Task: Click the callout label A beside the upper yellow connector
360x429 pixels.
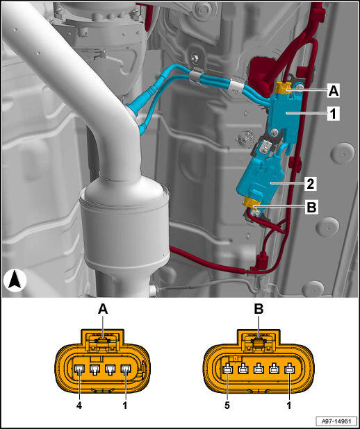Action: pyautogui.click(x=333, y=91)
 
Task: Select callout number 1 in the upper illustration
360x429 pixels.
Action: pyautogui.click(x=333, y=114)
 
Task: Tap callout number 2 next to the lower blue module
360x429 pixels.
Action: pyautogui.click(x=310, y=184)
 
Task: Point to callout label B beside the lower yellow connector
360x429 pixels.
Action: pyautogui.click(x=311, y=208)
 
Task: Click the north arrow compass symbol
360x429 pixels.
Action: pyautogui.click(x=15, y=280)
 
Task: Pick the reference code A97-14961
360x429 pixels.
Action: pyautogui.click(x=336, y=421)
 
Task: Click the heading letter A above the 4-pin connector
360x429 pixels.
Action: pyautogui.click(x=103, y=310)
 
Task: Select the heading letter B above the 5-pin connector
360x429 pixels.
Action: pyautogui.click(x=259, y=310)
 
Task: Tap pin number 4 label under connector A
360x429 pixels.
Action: pyautogui.click(x=79, y=405)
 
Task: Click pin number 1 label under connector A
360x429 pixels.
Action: pyautogui.click(x=125, y=405)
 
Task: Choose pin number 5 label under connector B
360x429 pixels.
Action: pyautogui.click(x=227, y=405)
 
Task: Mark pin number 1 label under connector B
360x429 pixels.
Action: pyautogui.click(x=289, y=405)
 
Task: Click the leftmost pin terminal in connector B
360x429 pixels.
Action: pyautogui.click(x=228, y=370)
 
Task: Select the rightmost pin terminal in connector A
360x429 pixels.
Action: pyautogui.click(x=126, y=370)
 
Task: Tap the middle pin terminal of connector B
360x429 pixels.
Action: pyautogui.click(x=259, y=370)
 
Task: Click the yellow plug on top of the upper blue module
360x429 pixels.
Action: pyautogui.click(x=284, y=88)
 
